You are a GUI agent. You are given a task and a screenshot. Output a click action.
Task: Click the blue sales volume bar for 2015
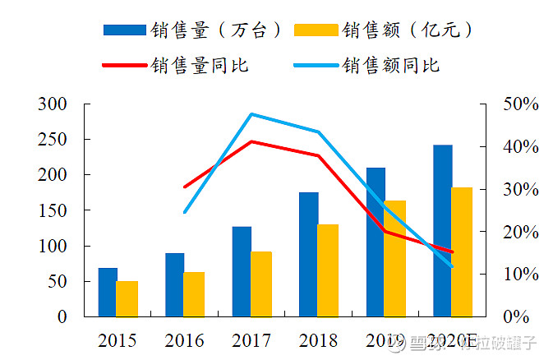(x=108, y=292)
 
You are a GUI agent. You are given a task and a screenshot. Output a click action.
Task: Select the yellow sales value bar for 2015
(x=127, y=298)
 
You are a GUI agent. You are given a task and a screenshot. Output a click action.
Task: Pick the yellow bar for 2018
(x=328, y=270)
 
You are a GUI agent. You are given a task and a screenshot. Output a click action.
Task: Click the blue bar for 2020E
(x=443, y=230)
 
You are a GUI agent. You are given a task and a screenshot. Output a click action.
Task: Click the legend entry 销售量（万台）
(x=194, y=30)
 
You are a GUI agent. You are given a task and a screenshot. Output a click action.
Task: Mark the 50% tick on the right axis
(x=521, y=104)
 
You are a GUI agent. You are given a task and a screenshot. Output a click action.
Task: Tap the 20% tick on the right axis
(x=521, y=232)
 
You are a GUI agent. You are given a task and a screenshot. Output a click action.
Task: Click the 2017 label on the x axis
(x=251, y=339)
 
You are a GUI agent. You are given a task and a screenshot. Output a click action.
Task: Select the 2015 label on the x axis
(x=118, y=339)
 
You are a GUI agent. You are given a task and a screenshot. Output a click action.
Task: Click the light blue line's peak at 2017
(x=251, y=114)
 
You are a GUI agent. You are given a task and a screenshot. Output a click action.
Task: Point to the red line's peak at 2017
(x=251, y=141)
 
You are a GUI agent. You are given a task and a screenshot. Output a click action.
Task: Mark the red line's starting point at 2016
(x=185, y=187)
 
